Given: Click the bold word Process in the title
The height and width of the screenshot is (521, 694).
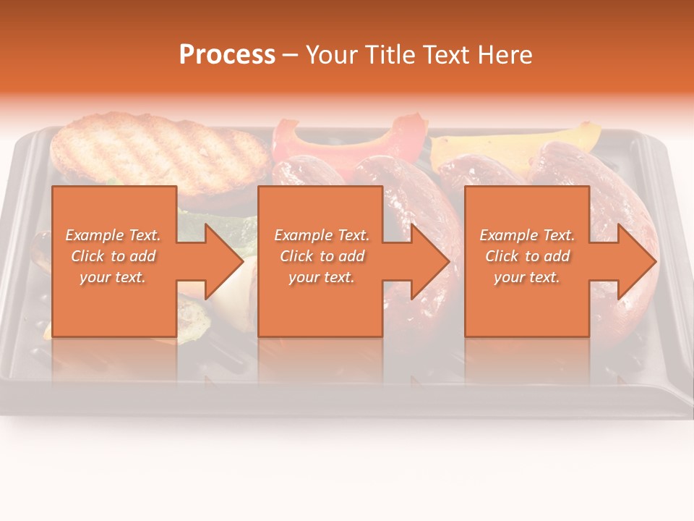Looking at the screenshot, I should (x=227, y=54).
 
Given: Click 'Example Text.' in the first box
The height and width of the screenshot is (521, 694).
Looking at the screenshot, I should (x=113, y=235).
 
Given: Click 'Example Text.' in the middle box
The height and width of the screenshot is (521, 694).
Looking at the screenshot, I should (x=322, y=235).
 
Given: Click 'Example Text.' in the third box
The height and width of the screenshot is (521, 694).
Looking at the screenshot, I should (x=527, y=235).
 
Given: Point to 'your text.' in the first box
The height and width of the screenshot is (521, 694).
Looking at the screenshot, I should (x=113, y=277).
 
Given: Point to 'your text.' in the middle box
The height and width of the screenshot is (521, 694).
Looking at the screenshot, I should (x=322, y=277).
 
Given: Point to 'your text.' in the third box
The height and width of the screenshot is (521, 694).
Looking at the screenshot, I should (x=527, y=277).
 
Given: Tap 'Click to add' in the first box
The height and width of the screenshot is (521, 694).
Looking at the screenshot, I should (x=113, y=256).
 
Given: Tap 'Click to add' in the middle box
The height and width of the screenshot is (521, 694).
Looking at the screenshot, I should (x=322, y=256).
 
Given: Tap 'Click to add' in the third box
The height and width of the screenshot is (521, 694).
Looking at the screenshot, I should (x=527, y=256).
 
